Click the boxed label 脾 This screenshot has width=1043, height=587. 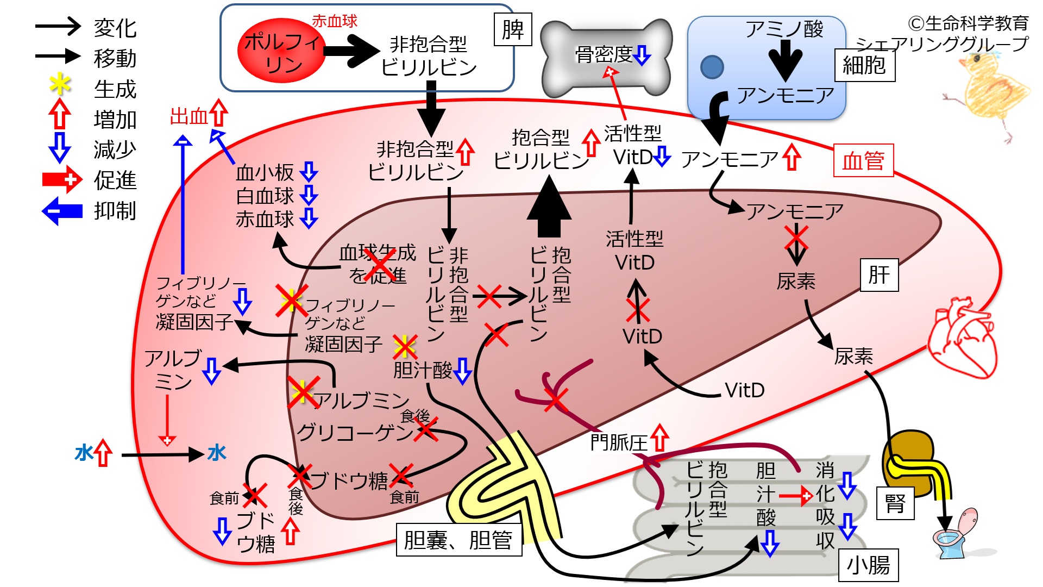click(513, 30)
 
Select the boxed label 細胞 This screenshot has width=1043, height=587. click(864, 65)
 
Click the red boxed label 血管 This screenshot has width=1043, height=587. click(863, 161)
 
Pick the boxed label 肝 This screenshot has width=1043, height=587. click(879, 275)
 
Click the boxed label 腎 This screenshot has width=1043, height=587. click(895, 503)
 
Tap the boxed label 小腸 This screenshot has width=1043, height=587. click(868, 565)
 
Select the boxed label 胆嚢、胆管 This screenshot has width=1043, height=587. click(458, 540)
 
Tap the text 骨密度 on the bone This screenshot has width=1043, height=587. click(604, 54)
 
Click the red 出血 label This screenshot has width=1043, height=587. click(189, 116)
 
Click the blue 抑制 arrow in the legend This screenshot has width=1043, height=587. click(62, 210)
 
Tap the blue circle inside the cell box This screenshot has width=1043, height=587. click(712, 67)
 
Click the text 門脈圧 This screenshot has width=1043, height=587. click(619, 442)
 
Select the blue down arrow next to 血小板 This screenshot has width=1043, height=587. click(309, 172)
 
